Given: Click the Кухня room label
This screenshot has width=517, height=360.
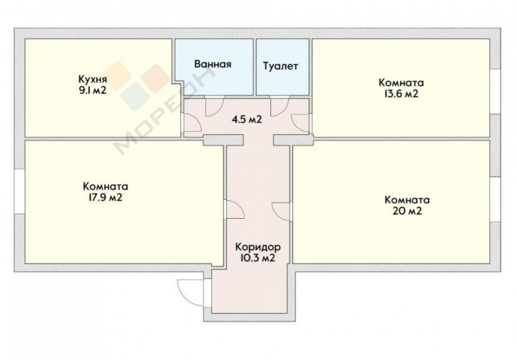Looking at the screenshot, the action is pyautogui.click(x=93, y=79).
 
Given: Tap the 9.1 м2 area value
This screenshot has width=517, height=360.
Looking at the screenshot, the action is pyautogui.click(x=92, y=91).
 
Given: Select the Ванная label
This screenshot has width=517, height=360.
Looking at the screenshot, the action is pyautogui.click(x=213, y=64).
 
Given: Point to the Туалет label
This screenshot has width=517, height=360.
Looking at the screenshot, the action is pyautogui.click(x=280, y=66).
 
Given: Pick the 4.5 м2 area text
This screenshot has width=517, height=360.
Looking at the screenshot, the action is pyautogui.click(x=247, y=119).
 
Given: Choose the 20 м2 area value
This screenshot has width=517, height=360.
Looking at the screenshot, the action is pyautogui.click(x=407, y=211).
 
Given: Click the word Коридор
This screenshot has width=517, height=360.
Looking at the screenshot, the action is pyautogui.click(x=258, y=247).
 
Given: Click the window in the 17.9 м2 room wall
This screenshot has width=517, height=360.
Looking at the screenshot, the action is pyautogui.click(x=19, y=192).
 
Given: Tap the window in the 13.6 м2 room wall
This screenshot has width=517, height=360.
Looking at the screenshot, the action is pyautogui.click(x=495, y=91).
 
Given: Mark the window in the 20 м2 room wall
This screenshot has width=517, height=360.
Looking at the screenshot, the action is pyautogui.click(x=495, y=200).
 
